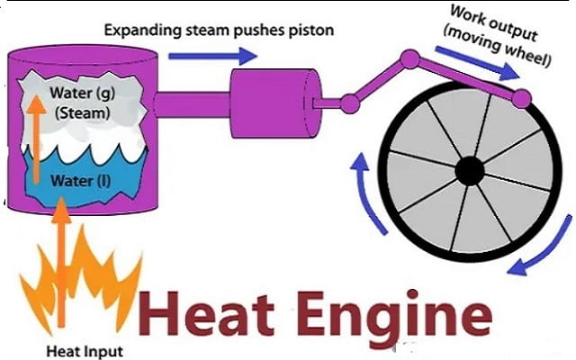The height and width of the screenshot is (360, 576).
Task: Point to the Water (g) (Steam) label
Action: coord(58,105)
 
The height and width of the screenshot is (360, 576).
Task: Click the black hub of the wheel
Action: coord(470,169)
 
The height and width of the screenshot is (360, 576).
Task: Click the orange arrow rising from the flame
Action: coord(60,261)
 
